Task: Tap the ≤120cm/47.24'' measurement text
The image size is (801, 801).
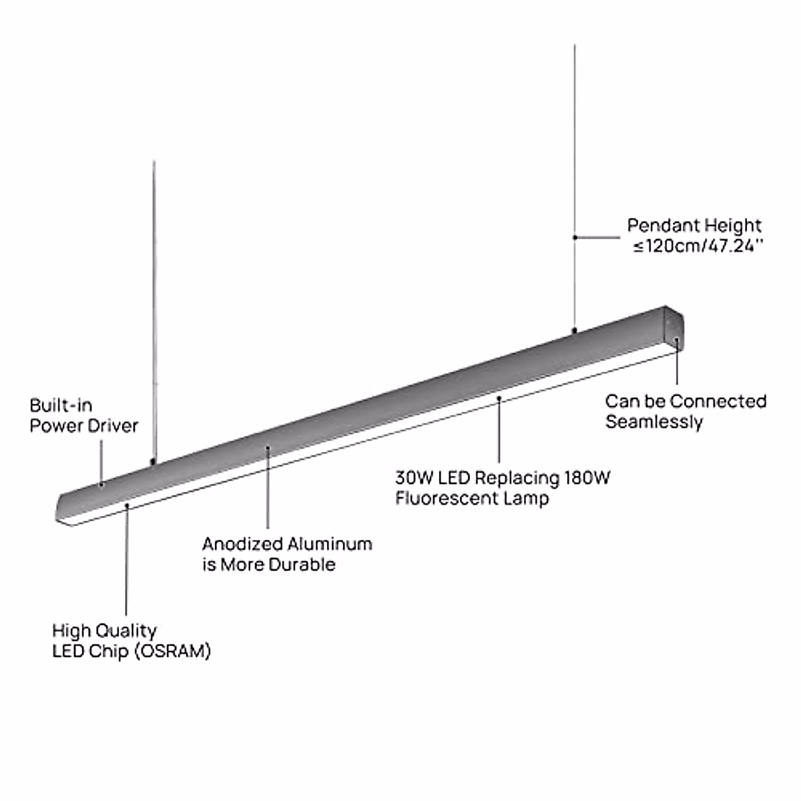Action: [698, 246]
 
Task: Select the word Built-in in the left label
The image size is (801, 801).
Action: [61, 405]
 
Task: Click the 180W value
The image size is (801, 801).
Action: [587, 478]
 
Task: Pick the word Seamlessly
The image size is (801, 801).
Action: [654, 422]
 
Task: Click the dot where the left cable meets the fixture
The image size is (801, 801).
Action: [154, 461]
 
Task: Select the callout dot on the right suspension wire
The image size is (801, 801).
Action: [575, 236]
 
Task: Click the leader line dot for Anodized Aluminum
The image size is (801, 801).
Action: [268, 449]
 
